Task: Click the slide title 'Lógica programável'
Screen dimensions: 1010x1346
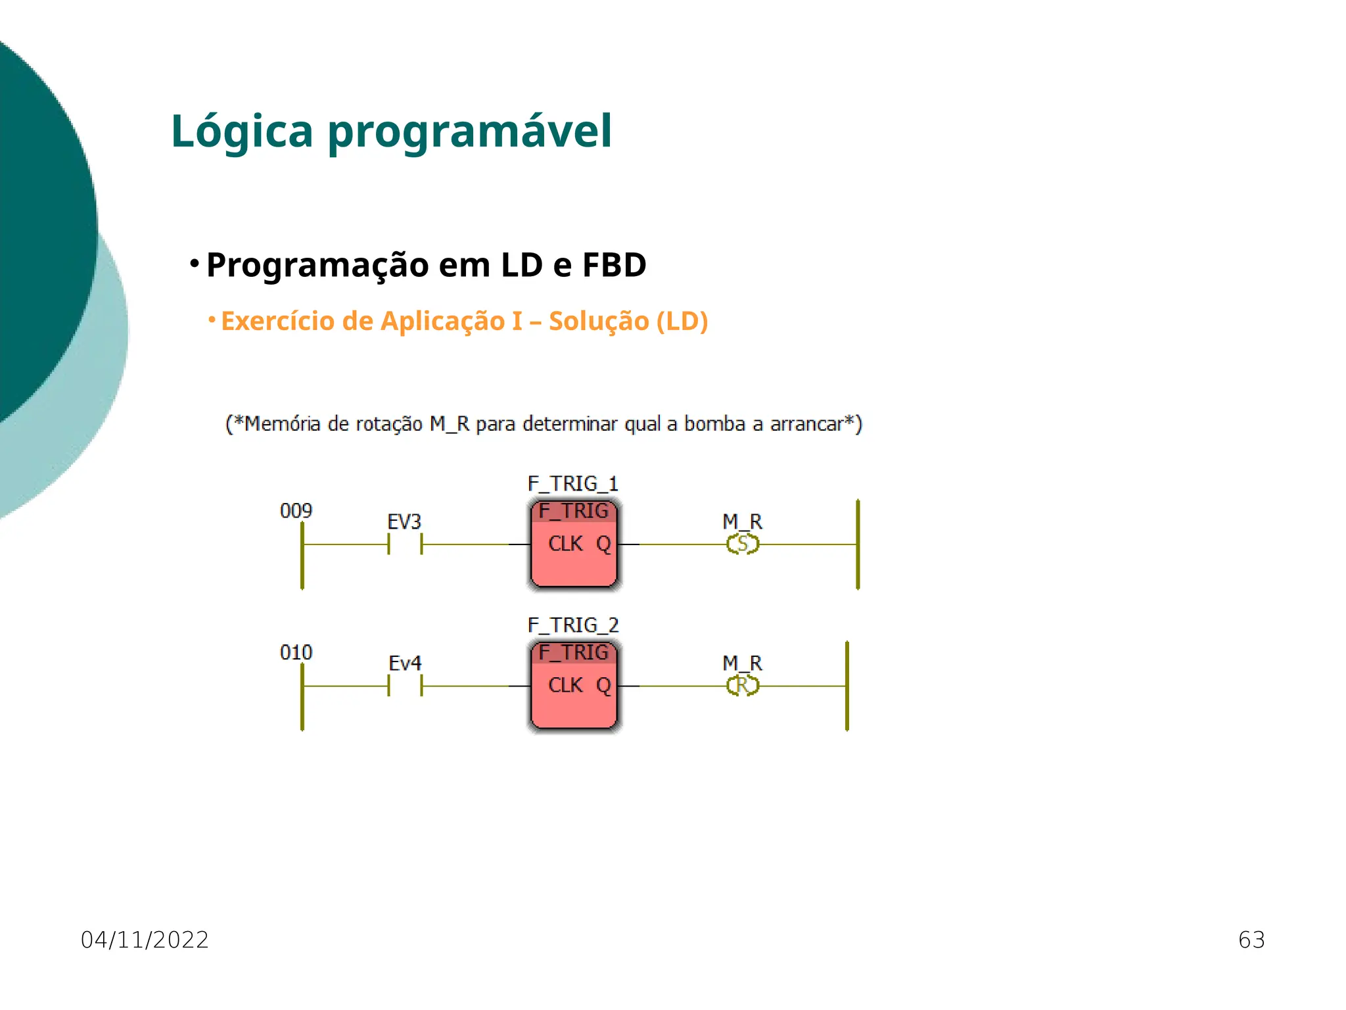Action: click(391, 132)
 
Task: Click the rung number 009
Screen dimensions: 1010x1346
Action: click(296, 511)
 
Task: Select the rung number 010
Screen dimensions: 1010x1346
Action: click(296, 652)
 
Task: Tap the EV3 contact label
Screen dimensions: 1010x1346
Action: click(404, 522)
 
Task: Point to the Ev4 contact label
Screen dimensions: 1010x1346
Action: click(404, 663)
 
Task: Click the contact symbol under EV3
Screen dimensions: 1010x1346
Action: click(405, 544)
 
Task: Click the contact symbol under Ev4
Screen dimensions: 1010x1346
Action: click(405, 686)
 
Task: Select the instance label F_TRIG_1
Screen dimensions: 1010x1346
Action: click(572, 484)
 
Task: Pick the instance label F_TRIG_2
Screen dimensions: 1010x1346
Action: click(572, 625)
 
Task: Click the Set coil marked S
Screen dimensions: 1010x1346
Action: click(743, 544)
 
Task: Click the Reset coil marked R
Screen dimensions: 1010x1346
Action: click(743, 686)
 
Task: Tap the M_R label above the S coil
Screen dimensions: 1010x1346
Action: click(742, 522)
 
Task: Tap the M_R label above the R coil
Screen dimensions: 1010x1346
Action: click(742, 663)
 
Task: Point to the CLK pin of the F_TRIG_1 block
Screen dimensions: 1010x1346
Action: click(565, 544)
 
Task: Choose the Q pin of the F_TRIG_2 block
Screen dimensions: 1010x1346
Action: click(603, 686)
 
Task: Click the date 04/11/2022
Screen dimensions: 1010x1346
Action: click(145, 940)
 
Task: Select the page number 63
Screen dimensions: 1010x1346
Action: click(1251, 940)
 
